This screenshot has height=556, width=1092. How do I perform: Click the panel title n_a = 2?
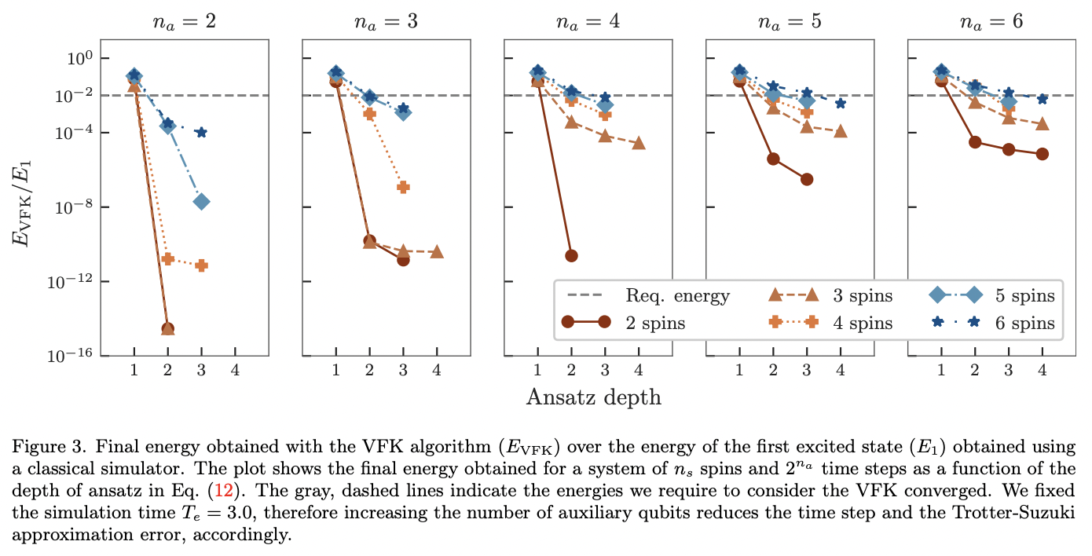[x=185, y=21]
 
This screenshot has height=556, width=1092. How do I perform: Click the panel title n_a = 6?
[x=991, y=21]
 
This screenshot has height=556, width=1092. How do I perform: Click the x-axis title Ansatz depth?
[x=593, y=397]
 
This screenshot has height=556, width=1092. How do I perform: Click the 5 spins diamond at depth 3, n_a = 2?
[x=201, y=202]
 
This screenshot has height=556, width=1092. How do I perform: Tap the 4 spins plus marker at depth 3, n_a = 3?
[x=403, y=187]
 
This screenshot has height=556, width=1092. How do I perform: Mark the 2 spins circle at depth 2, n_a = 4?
[x=571, y=256]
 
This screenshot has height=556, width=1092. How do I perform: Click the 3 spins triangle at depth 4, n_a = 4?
[x=639, y=143]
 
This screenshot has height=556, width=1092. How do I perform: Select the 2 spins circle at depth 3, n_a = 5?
[x=807, y=180]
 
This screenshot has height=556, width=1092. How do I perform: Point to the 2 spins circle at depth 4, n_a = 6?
[x=1043, y=154]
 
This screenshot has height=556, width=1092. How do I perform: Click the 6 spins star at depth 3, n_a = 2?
[x=201, y=133]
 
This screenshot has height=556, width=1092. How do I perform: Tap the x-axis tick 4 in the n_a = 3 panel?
[x=437, y=370]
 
